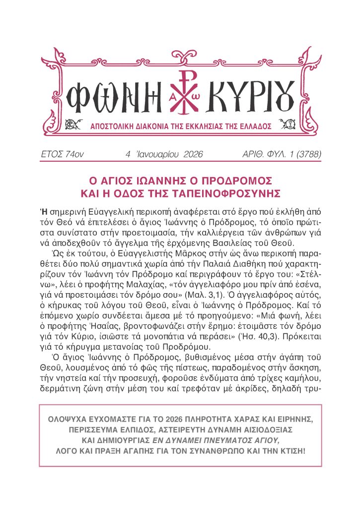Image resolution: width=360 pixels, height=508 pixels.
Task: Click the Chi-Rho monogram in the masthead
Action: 181,92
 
